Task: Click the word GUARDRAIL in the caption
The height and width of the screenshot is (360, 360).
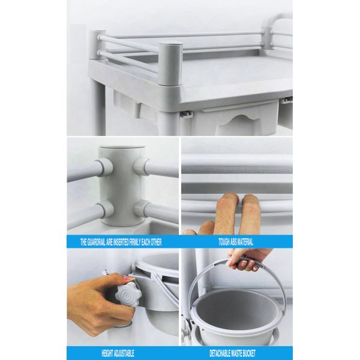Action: (x=96, y=242)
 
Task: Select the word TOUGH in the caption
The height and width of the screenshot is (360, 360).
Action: (x=223, y=242)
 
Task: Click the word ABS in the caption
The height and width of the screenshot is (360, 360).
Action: (x=232, y=242)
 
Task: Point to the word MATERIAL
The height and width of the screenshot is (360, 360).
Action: (x=245, y=242)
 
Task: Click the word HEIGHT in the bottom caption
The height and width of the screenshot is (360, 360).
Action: (x=107, y=353)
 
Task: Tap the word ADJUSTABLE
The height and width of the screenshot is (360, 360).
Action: (x=124, y=353)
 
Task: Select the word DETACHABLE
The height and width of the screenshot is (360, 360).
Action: (x=220, y=353)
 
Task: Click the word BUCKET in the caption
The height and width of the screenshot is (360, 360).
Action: (x=248, y=353)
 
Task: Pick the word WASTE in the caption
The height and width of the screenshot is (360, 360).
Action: (x=236, y=353)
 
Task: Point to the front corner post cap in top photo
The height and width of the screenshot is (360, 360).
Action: (x=170, y=44)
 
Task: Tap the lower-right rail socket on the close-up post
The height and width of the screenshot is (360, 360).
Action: (x=141, y=208)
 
